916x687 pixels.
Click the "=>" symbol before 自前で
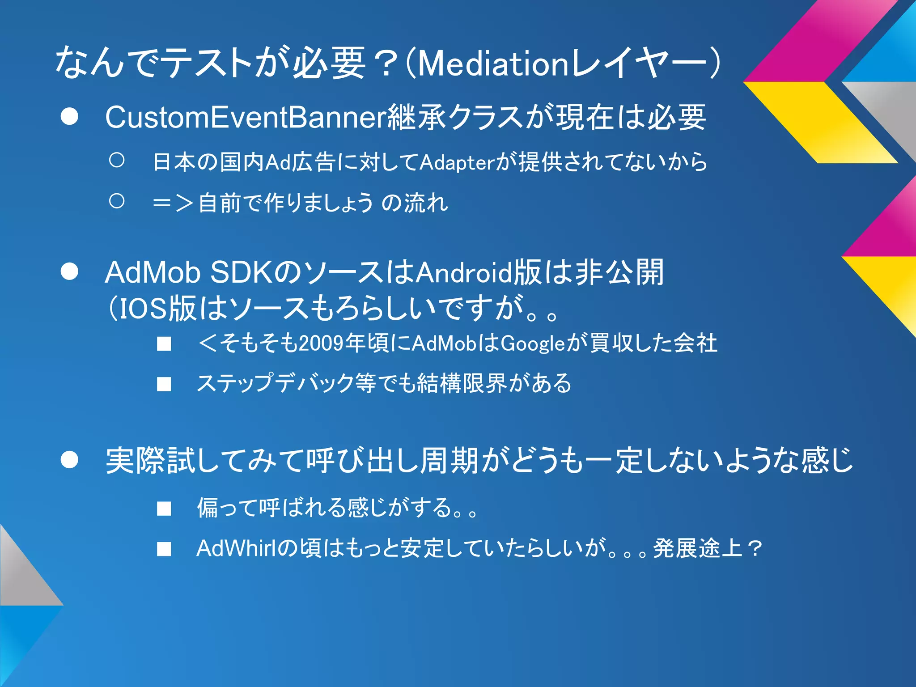point(173,204)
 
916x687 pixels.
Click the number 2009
point(321,344)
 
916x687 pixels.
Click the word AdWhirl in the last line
point(236,548)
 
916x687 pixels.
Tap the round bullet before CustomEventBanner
point(70,117)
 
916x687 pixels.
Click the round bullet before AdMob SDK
point(70,271)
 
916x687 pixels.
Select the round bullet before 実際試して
point(70,460)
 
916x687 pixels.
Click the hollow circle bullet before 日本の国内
point(117,160)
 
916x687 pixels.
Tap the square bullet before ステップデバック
point(164,384)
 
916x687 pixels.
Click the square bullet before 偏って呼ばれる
point(164,509)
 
